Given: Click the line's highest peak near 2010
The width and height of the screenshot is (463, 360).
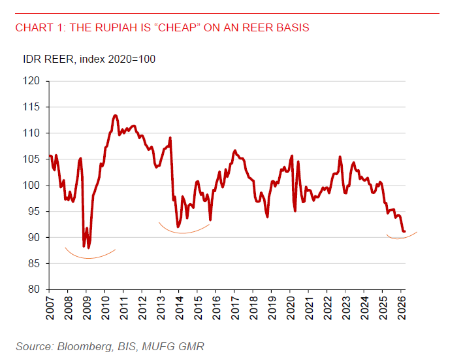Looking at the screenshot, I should (115, 116).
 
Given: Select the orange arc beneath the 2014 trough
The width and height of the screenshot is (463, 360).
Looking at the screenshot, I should (184, 233).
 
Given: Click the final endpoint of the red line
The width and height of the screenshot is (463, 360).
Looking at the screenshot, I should (404, 231).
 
